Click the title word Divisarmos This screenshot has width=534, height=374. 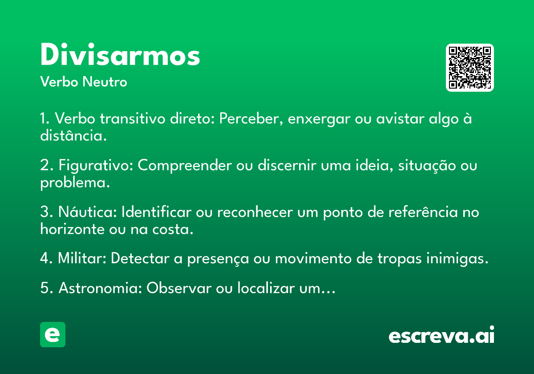coord(120,54)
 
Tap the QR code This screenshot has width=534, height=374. coord(469,68)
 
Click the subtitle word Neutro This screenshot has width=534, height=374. coord(105,82)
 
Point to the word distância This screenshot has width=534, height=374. coord(73,135)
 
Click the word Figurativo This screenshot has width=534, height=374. coord(96,166)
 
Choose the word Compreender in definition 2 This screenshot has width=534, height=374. coord(185,166)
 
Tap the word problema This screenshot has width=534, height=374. coord(75,183)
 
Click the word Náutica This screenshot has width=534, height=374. coord(88,212)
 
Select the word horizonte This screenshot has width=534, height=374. coord(73,229)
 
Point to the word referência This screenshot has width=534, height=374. coord(423,212)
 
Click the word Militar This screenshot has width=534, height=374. coord(82,258)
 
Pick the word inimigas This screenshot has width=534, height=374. coord(457,259)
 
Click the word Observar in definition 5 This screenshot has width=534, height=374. coord(179,288)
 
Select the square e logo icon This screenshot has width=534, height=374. coord(53,334)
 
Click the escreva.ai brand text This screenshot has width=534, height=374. coord(441,335)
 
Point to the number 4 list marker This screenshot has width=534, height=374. coord(45,258)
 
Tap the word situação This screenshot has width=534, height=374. coord(427,166)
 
